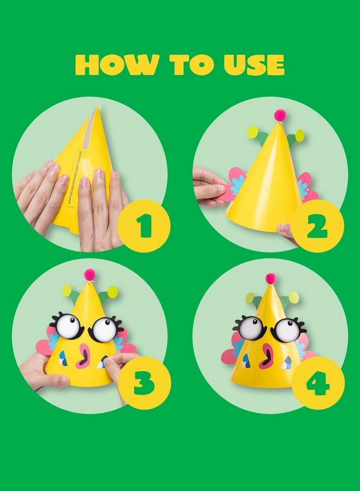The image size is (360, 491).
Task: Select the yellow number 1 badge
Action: pos(143,226)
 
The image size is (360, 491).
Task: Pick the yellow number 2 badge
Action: pos(317,226)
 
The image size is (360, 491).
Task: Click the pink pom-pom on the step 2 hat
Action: pos(280,115)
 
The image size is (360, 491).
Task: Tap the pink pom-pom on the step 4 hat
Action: pos(271,278)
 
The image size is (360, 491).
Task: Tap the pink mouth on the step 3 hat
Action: pos(85,356)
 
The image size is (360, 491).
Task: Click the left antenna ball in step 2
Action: pos(253,131)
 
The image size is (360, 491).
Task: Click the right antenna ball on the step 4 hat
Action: pos(294,297)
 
